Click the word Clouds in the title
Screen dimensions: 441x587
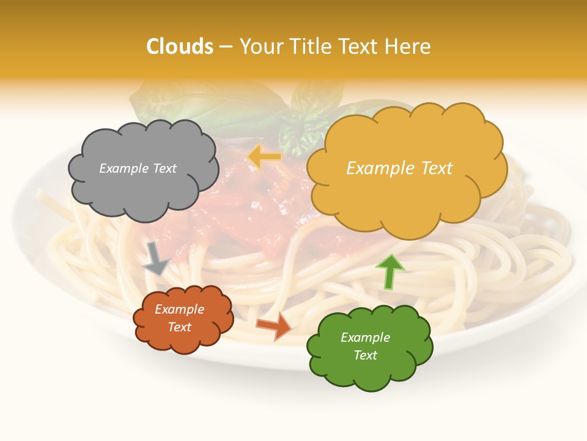tap(180, 47)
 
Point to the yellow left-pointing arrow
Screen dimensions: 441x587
tap(265, 157)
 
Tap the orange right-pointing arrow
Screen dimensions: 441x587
tap(273, 326)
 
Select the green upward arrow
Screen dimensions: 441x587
tap(390, 271)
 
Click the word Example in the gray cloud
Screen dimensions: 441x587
tap(124, 168)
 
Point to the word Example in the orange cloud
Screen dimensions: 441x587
tap(180, 309)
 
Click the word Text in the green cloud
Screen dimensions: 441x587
tap(366, 355)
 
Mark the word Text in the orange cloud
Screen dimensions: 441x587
tap(180, 327)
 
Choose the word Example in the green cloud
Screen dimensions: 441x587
tap(366, 337)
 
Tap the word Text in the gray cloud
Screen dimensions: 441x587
tap(163, 168)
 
